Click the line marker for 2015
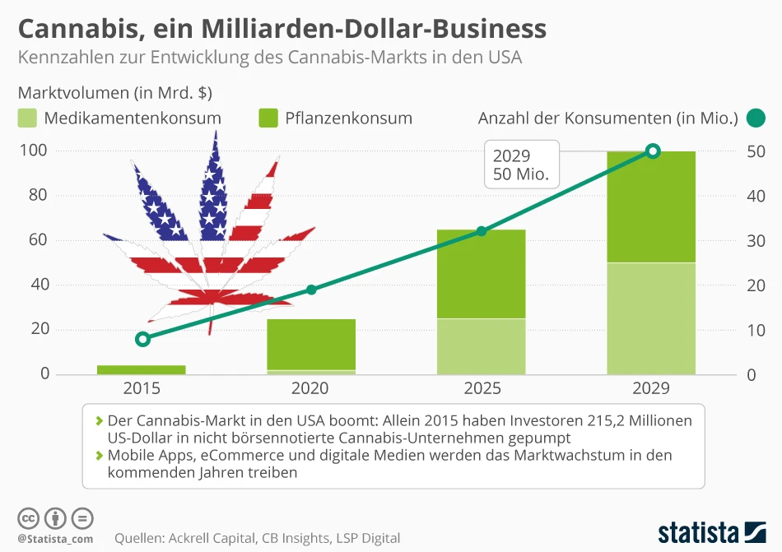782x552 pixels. (x=142, y=339)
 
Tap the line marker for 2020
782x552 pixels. (x=311, y=290)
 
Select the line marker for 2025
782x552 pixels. (x=482, y=231)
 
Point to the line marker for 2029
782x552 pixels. (x=653, y=151)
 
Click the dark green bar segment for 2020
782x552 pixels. (x=311, y=344)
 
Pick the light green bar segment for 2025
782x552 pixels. (x=482, y=346)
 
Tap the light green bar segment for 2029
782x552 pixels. (x=651, y=318)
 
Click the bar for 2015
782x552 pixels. (x=142, y=369)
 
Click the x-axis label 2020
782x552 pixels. (x=310, y=388)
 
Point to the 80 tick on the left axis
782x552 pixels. (x=39, y=196)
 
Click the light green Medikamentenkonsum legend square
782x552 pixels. (x=27, y=118)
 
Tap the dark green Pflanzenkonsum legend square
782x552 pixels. (x=268, y=118)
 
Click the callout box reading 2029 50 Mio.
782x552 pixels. (x=520, y=165)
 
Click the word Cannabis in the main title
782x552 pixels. (x=69, y=29)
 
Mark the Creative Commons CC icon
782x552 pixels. (x=29, y=518)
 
